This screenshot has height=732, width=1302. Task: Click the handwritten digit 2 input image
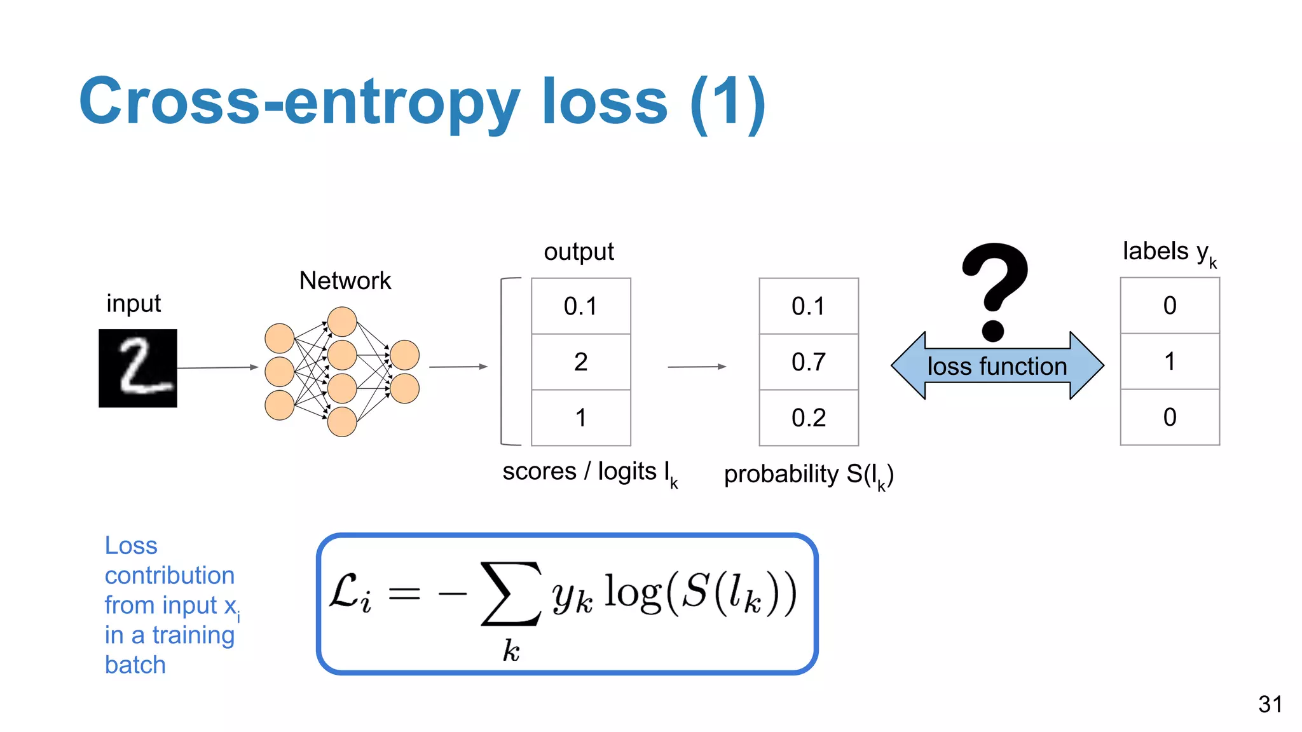click(138, 368)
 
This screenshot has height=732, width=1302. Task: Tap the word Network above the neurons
click(345, 281)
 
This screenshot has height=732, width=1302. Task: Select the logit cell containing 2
click(580, 362)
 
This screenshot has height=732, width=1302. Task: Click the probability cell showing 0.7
click(808, 362)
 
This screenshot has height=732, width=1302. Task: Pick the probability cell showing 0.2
click(808, 417)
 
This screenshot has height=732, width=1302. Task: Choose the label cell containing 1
click(1169, 361)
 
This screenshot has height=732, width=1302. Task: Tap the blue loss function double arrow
click(997, 366)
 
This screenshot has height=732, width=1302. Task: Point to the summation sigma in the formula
click(511, 593)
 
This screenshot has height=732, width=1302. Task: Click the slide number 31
click(1270, 704)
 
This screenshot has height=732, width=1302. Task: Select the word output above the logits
click(579, 252)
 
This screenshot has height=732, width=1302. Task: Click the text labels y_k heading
click(1168, 252)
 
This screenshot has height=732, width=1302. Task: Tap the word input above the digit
click(134, 304)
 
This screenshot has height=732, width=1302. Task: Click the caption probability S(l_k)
click(808, 475)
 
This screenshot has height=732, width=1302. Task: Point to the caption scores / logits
click(589, 472)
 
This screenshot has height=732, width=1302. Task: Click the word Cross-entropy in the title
click(299, 102)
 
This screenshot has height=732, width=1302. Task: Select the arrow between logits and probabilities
click(696, 367)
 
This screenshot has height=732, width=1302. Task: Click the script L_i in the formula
click(350, 593)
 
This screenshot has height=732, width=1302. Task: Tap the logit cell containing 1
click(580, 417)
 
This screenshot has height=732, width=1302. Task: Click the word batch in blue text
click(135, 665)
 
